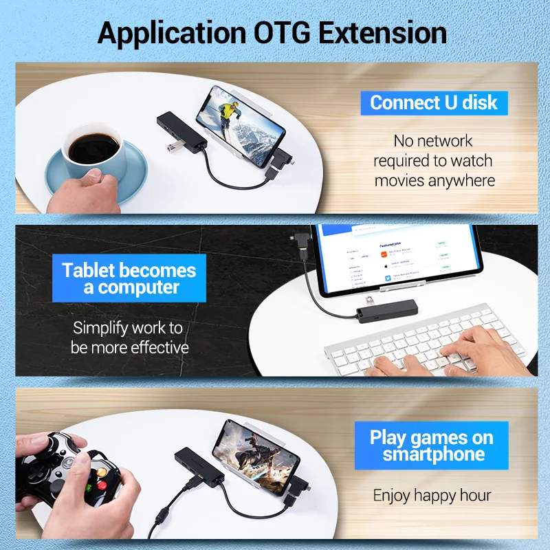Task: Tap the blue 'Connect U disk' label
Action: click(x=434, y=103)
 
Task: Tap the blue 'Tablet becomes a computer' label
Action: click(x=129, y=278)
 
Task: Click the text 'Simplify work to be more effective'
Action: click(x=129, y=338)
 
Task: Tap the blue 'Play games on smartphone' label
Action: click(x=432, y=445)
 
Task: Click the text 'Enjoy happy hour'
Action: click(x=432, y=495)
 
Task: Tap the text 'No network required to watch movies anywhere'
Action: click(x=434, y=161)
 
